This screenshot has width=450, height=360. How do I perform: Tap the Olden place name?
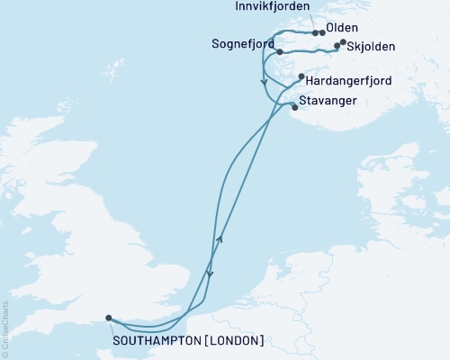pos(343,28)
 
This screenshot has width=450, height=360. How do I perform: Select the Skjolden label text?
pos(371,46)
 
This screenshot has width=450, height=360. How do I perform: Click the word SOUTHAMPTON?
pos(152,340)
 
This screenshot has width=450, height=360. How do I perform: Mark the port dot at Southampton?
pos(108,318)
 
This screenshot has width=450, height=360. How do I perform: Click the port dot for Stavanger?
pos(295,107)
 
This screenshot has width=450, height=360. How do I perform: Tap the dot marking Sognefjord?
pos(280,51)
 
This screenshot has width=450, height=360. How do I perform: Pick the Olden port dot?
pos(322,33)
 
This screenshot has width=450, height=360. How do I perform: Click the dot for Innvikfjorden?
pos(314,33)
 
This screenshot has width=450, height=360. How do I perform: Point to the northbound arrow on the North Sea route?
pos(220,238)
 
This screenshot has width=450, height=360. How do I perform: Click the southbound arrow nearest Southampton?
pos(210,276)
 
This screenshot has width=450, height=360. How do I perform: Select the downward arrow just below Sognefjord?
pos(264,82)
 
